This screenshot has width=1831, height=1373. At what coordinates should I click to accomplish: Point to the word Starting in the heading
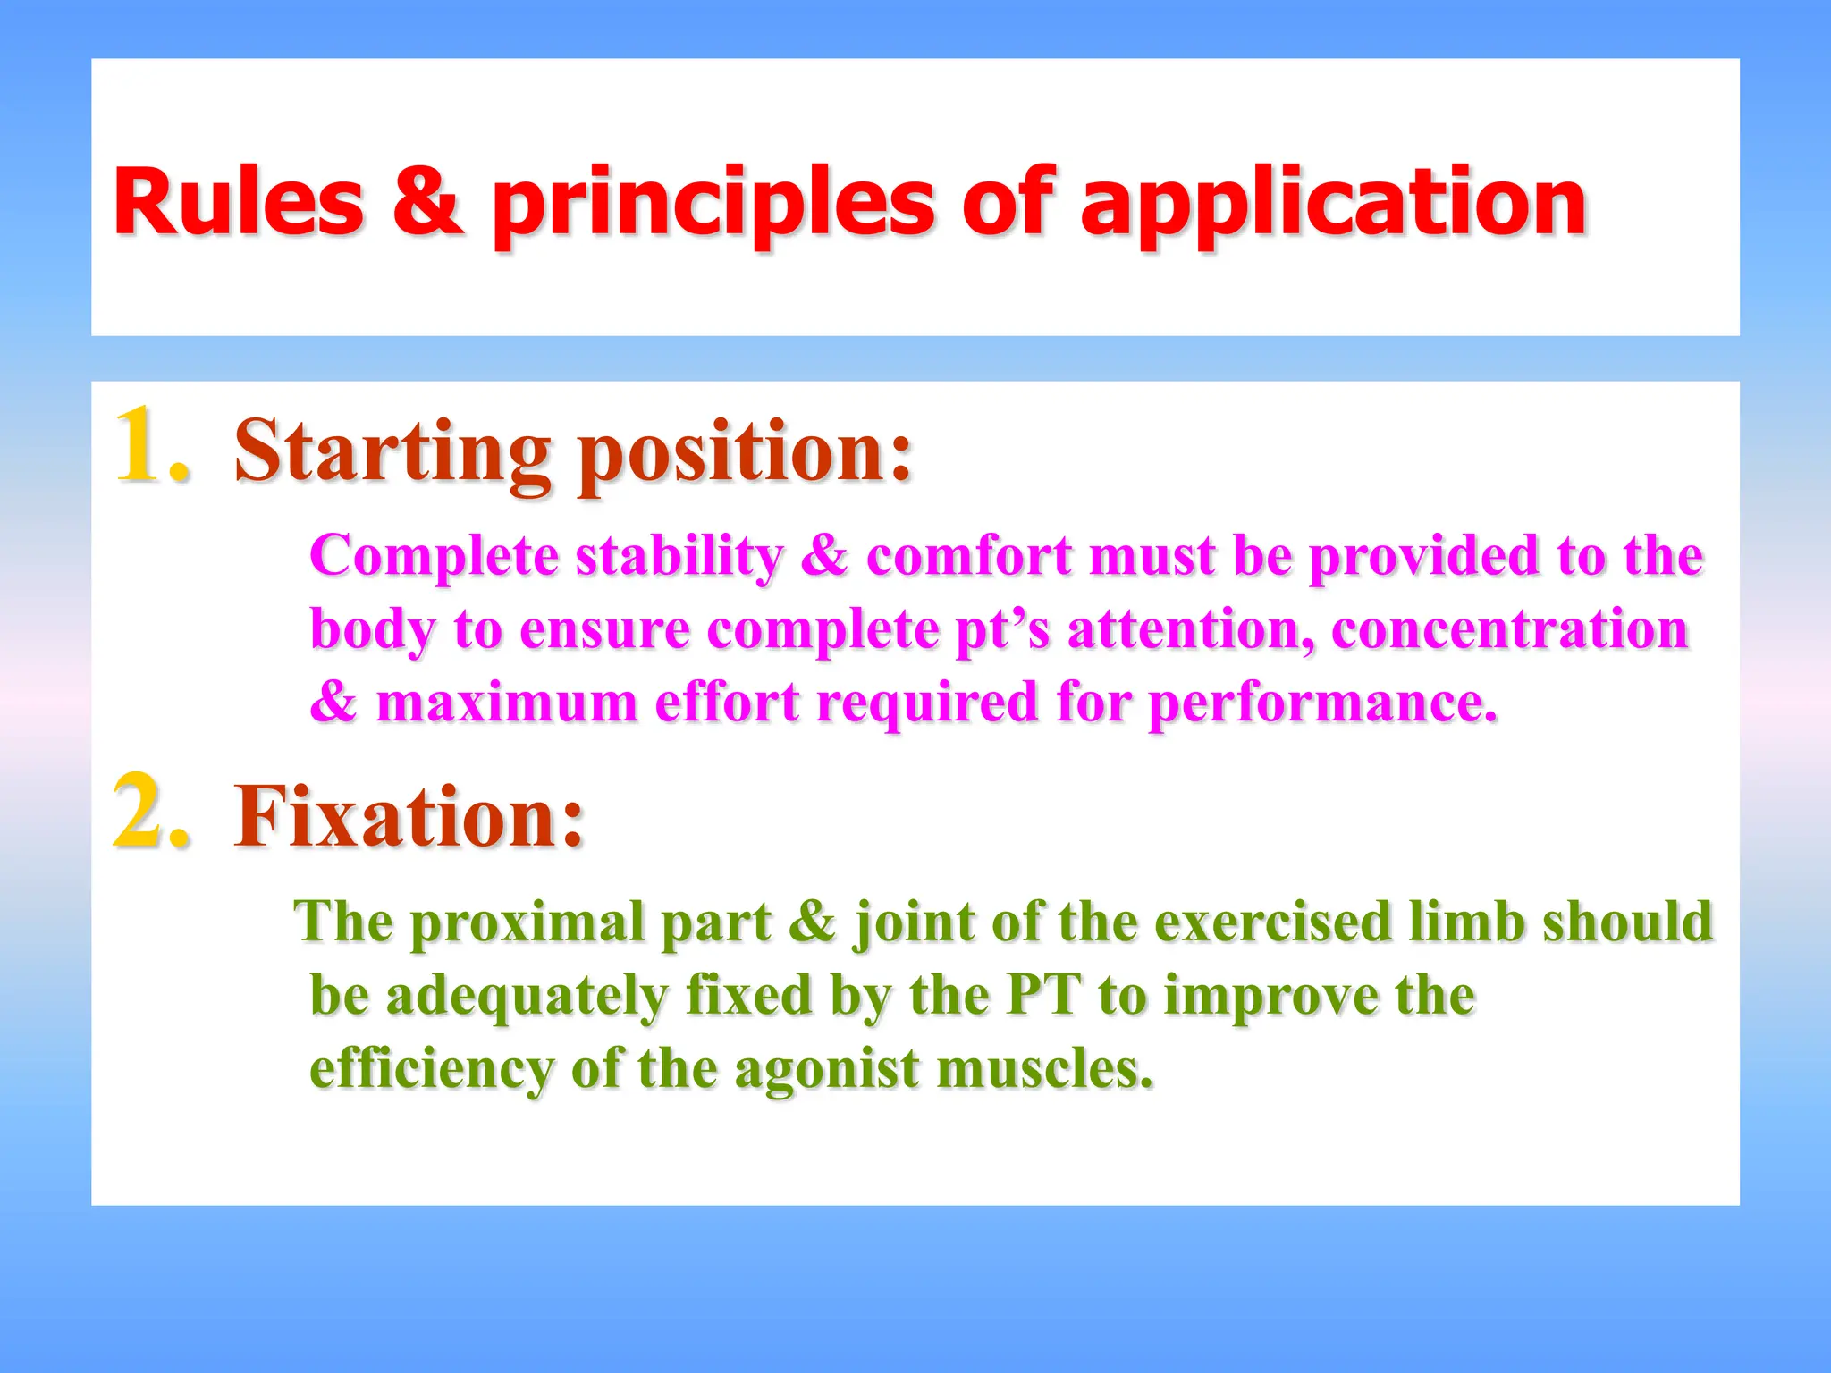[x=392, y=451]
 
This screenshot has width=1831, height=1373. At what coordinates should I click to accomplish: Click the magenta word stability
[x=679, y=556]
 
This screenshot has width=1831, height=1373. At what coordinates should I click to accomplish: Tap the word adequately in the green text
[x=527, y=995]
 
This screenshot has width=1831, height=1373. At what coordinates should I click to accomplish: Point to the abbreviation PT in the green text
[x=1042, y=995]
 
